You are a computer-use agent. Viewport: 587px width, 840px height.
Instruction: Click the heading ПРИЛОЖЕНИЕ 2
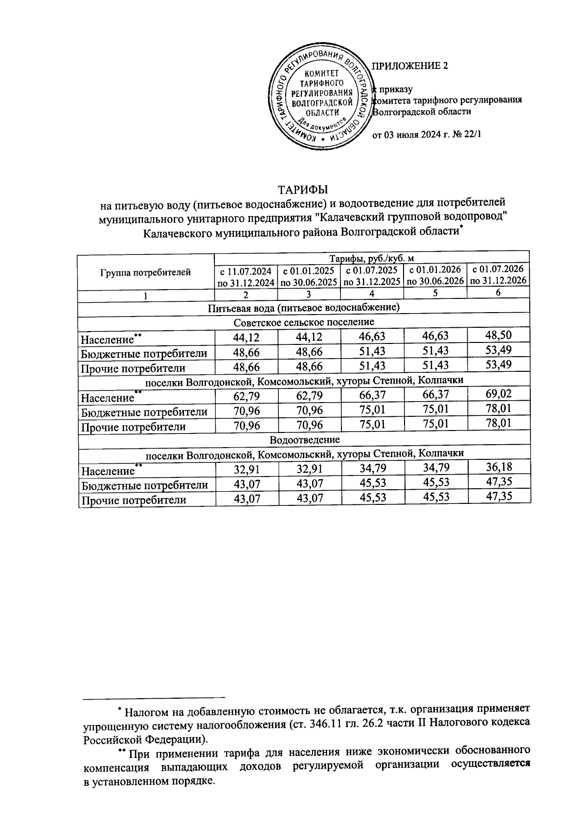tap(410, 66)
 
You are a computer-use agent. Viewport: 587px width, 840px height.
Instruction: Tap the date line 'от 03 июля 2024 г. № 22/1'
tap(427, 136)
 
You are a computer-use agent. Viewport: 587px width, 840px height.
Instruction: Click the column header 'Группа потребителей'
tap(146, 272)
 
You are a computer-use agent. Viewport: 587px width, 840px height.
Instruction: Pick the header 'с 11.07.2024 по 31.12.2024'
tap(246, 276)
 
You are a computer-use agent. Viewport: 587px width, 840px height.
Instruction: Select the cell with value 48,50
tap(498, 336)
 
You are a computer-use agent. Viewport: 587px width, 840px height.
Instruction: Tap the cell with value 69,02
tap(498, 394)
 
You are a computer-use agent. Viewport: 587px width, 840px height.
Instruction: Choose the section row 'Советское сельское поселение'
tap(303, 322)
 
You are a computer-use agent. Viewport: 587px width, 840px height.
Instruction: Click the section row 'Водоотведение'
tap(304, 439)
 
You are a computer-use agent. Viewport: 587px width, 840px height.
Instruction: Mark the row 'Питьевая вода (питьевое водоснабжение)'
tap(303, 308)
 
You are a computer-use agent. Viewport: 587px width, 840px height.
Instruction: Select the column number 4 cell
tap(372, 294)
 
